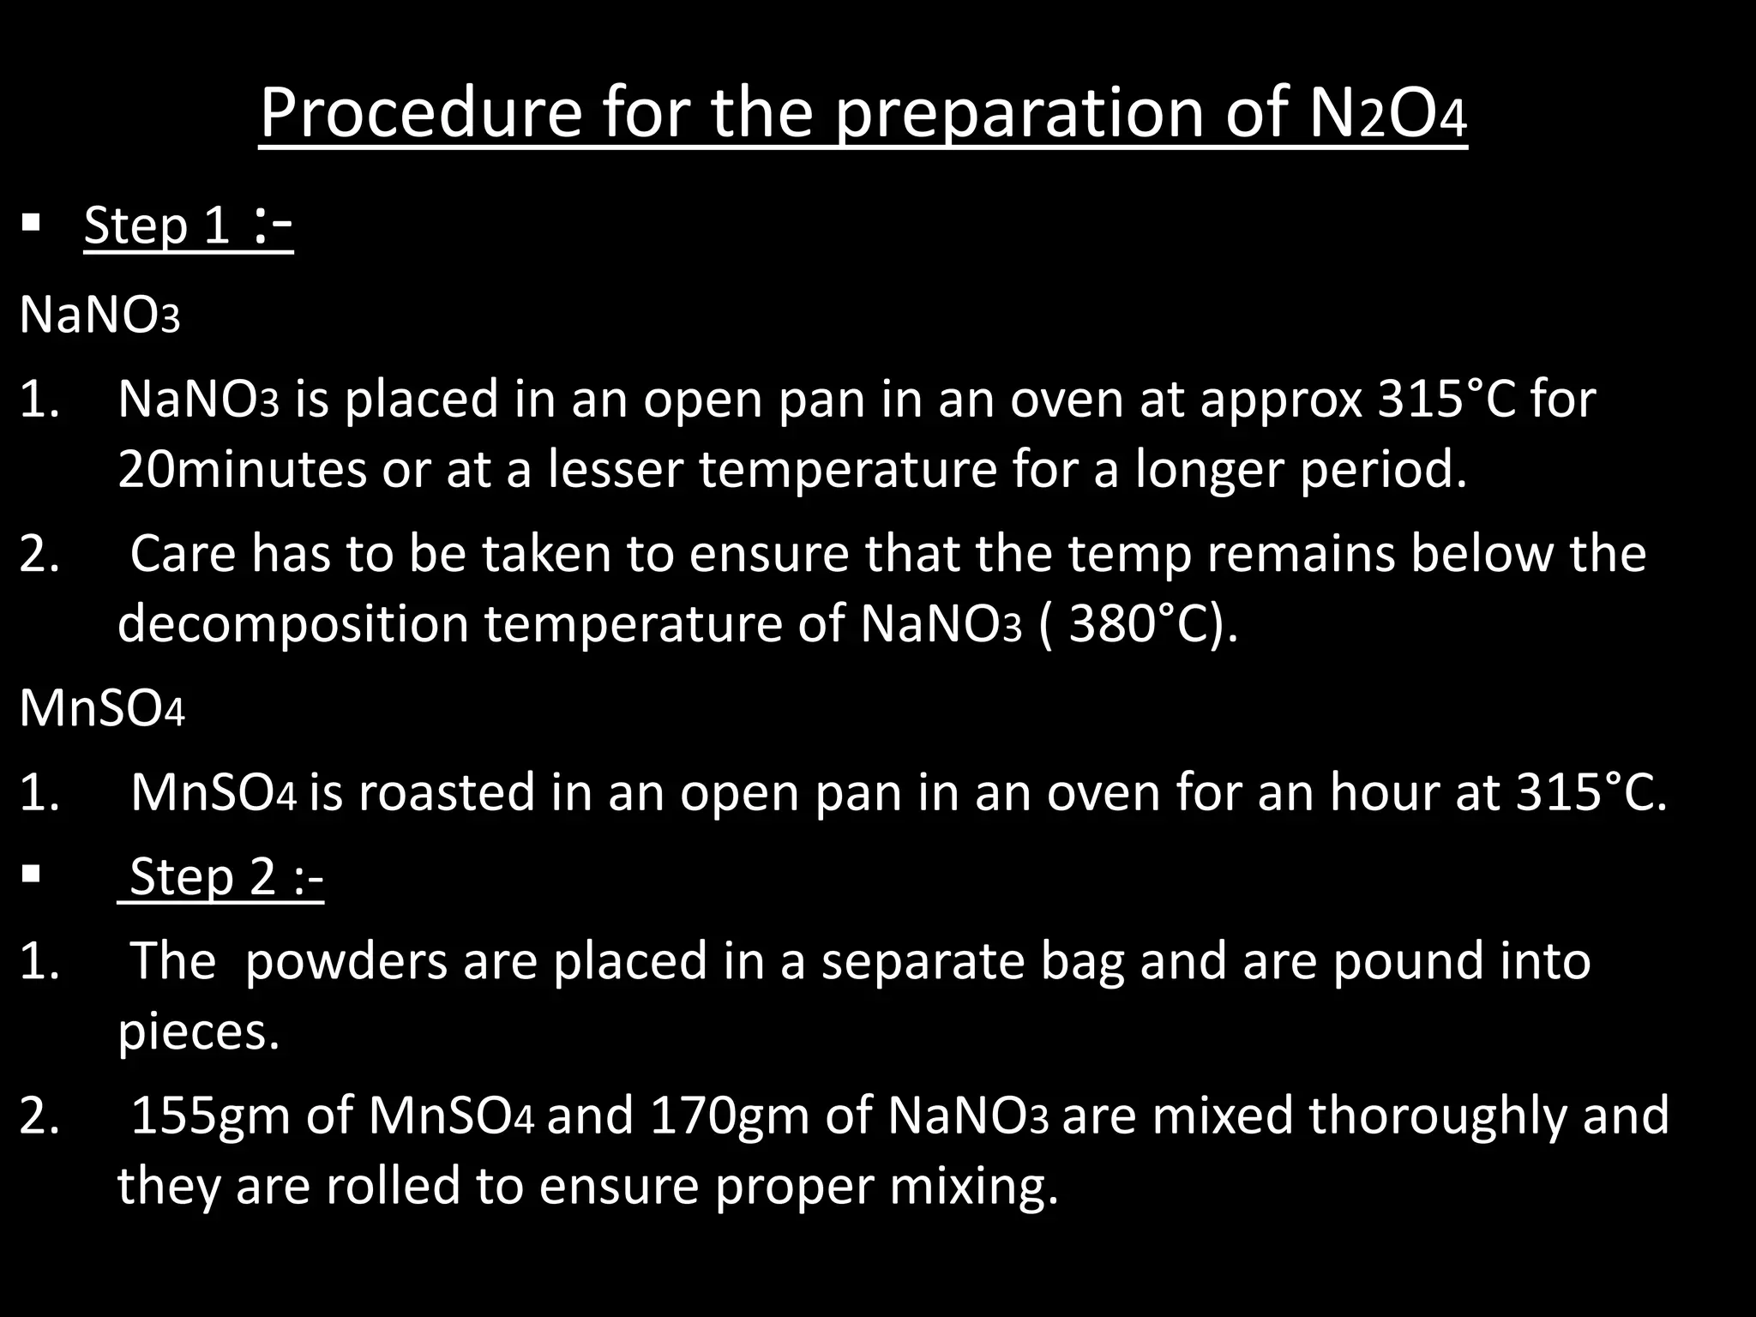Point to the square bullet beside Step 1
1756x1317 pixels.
(x=32, y=226)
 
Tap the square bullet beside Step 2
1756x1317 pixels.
(x=32, y=875)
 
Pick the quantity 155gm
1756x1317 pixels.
(x=210, y=1116)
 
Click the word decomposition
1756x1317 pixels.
(x=292, y=623)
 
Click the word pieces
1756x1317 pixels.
(x=198, y=1031)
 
